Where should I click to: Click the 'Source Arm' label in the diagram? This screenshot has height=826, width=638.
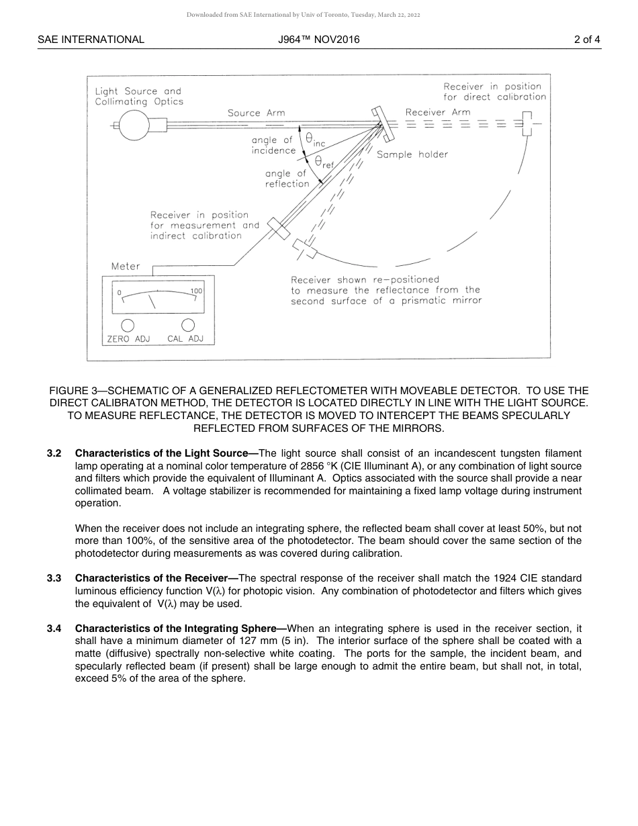tap(256, 113)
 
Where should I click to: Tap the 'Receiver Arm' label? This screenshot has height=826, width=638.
tap(438, 112)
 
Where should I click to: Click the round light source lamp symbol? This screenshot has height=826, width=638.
tap(134, 125)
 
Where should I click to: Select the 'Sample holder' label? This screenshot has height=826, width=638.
tap(412, 154)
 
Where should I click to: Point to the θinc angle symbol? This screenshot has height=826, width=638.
tap(314, 139)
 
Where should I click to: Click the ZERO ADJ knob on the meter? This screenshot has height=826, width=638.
tap(127, 325)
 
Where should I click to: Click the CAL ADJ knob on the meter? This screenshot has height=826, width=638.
tap(188, 325)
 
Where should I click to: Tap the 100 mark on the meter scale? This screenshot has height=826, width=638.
tap(196, 291)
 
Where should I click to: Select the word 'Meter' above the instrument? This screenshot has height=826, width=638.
tap(126, 266)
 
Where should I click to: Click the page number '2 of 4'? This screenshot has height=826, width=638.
tap(587, 40)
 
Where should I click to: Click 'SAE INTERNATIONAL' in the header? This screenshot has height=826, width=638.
tap(91, 40)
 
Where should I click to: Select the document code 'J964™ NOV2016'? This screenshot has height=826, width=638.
tap(319, 40)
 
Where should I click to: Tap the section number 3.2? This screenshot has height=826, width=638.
tap(54, 454)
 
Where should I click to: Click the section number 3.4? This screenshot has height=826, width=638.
tap(54, 629)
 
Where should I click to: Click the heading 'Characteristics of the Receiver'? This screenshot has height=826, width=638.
tap(152, 578)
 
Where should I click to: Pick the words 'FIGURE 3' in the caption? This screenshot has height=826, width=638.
tap(73, 391)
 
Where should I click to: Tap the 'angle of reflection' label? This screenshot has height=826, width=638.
tap(287, 179)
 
